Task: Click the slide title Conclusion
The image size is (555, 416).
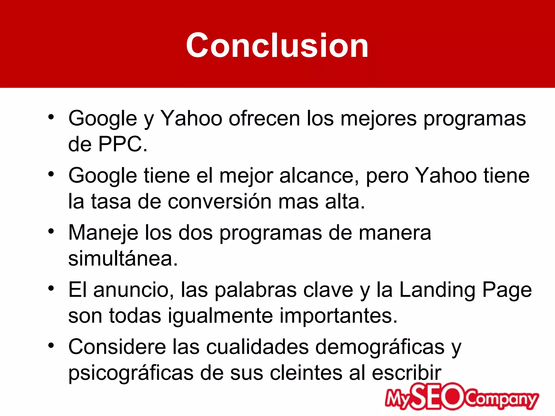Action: [x=277, y=45]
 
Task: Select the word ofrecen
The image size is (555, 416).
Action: [x=264, y=118]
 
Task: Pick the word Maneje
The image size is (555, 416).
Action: [x=103, y=233]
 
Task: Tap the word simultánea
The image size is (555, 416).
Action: [x=123, y=259]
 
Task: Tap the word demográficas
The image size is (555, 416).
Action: [x=380, y=347]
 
